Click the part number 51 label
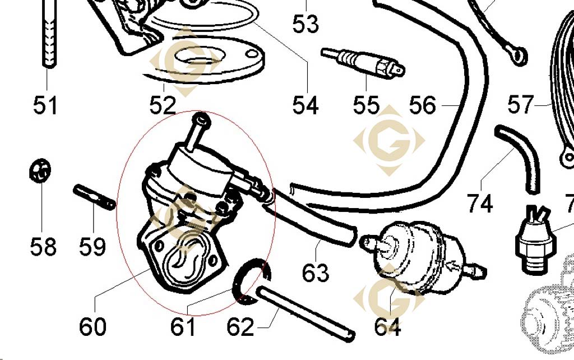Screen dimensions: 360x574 click(x=45, y=105)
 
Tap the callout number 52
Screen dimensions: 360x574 click(x=163, y=105)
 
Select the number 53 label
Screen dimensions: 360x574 click(x=305, y=24)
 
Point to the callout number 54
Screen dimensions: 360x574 click(x=305, y=105)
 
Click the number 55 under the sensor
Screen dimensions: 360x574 click(x=366, y=105)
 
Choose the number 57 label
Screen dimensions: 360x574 click(x=521, y=105)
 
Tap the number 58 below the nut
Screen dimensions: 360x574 click(x=43, y=246)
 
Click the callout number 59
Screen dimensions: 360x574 click(x=92, y=246)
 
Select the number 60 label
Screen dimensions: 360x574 click(x=92, y=327)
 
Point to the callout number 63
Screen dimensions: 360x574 click(x=316, y=273)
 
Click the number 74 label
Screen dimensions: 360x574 click(x=480, y=204)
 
